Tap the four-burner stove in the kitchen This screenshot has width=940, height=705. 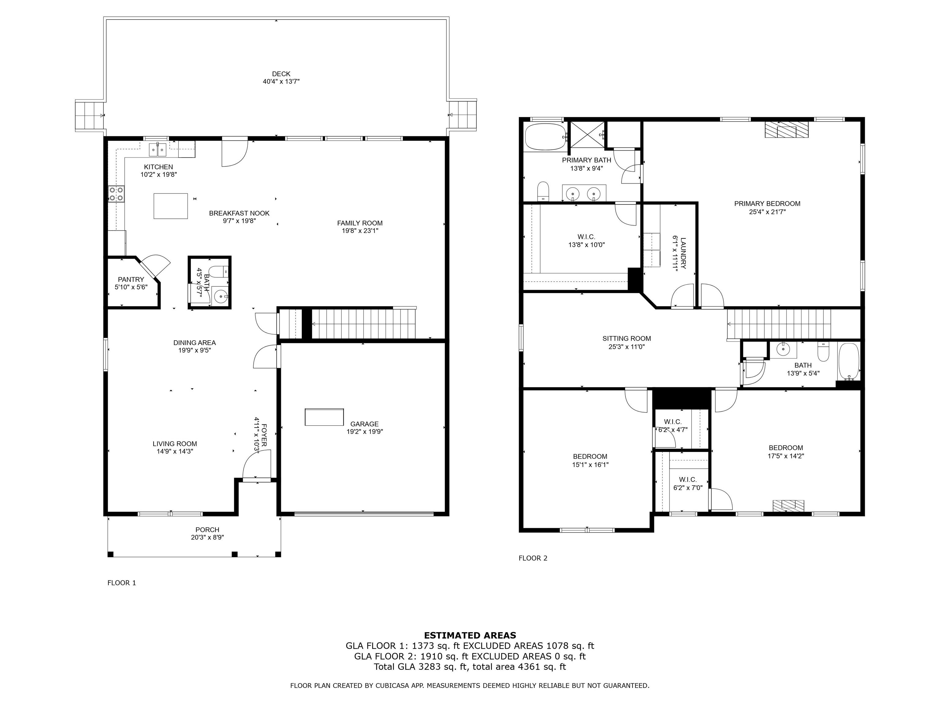point(116,194)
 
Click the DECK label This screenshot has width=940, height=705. point(281,74)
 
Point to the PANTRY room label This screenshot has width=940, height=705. point(131,279)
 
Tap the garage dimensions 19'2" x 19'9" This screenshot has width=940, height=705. point(365,432)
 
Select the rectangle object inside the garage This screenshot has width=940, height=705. point(324,417)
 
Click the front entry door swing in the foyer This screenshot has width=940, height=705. point(257,465)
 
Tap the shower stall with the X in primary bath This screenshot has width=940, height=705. point(587,136)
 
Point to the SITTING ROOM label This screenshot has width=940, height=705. point(627,339)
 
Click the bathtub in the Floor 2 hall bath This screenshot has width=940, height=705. point(848,362)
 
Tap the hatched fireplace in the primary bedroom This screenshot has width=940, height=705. point(787,130)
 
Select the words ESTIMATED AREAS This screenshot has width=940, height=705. point(470,635)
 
